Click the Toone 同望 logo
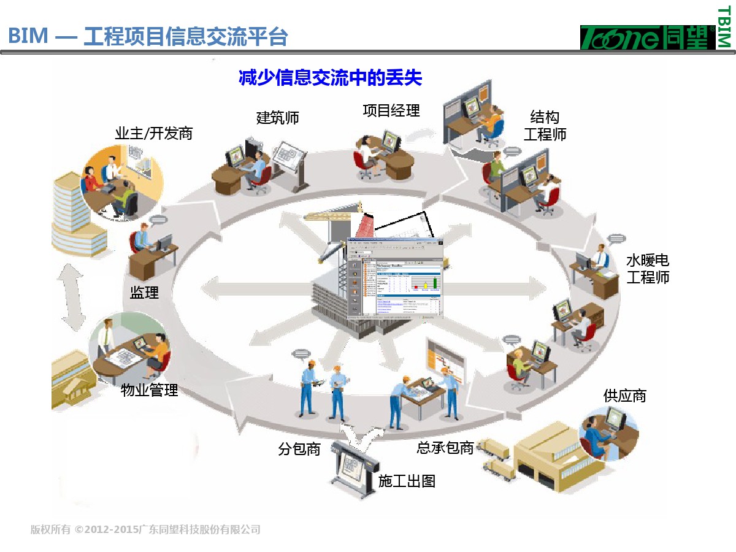point(647,37)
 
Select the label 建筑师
point(277,117)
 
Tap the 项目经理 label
point(391,110)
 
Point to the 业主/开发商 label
point(153,133)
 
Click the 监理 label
point(144,293)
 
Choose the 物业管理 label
point(149,389)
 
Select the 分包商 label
point(299,449)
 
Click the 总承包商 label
point(445,448)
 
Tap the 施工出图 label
point(407,481)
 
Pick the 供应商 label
point(624,396)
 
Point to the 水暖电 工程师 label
point(648,269)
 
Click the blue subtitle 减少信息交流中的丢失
point(330,79)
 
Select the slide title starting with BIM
point(148,36)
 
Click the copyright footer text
point(145,529)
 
